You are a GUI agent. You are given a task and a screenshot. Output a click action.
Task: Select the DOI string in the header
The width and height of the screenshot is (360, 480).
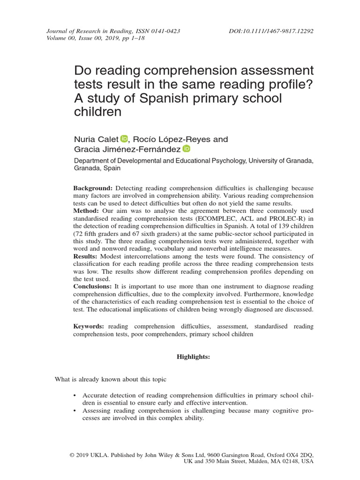click(271, 31)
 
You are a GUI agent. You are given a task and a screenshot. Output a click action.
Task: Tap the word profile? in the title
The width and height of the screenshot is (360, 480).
click(288, 85)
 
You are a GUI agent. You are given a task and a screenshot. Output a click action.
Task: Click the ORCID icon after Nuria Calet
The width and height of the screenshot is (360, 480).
click(124, 138)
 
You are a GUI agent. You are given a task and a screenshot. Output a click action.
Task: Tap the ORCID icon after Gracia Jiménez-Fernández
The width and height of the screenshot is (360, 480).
click(187, 149)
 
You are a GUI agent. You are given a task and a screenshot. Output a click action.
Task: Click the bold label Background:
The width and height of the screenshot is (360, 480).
click(93, 188)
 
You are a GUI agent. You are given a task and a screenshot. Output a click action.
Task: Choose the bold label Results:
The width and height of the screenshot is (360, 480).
click(86, 256)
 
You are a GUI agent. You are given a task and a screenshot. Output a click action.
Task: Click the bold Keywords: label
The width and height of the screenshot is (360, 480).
click(89, 326)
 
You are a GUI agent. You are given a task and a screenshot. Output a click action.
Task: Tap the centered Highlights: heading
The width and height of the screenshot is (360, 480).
click(193, 357)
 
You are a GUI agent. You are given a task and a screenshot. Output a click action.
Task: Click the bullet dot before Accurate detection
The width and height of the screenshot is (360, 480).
click(75, 396)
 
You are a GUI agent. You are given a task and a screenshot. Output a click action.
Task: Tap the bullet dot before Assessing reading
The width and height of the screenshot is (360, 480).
click(75, 411)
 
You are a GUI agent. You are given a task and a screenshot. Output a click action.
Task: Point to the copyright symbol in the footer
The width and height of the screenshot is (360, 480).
click(71, 456)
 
